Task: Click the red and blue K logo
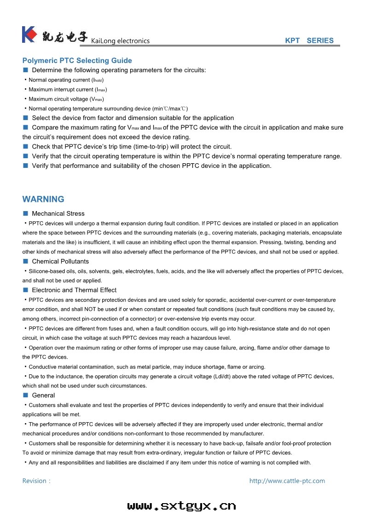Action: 29,34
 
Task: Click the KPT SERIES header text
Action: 309,40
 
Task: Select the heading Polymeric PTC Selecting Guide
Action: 77,61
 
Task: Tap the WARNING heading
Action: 43,199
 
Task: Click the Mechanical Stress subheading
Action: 58,213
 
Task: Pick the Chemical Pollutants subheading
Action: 60,261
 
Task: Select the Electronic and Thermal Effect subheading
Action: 74,290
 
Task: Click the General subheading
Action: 43,396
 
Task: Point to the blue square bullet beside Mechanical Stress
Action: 26,213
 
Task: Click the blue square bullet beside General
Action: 26,396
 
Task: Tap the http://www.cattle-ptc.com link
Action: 287,481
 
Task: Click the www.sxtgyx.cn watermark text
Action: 182,506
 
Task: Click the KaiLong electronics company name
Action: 121,41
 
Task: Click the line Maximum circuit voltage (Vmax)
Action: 66,99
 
